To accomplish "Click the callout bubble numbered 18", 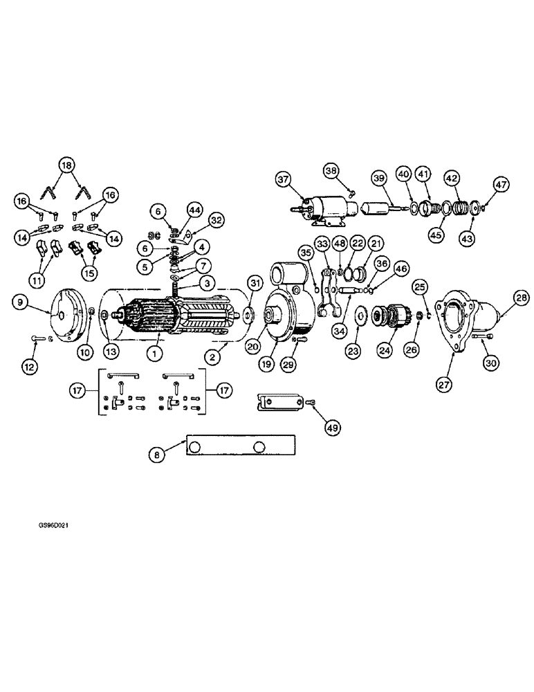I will pos(66,165).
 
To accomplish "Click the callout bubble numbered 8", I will pos(158,455).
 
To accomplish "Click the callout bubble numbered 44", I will pos(194,210).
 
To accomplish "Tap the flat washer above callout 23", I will pos(360,316).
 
